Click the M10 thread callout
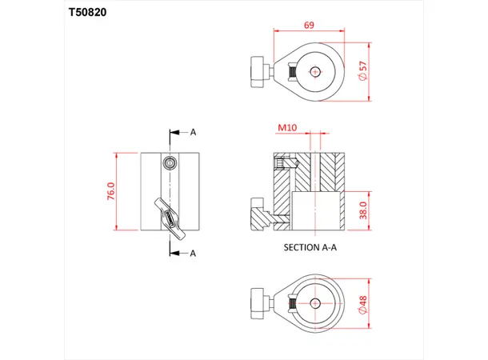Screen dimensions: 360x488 [x=287, y=128]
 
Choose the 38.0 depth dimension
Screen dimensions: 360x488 [x=364, y=211]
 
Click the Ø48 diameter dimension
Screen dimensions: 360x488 [x=365, y=304]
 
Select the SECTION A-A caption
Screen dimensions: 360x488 [x=311, y=247]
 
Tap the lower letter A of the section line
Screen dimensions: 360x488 [x=192, y=253]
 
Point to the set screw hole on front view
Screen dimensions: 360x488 [x=169, y=163]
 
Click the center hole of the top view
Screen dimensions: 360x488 [x=315, y=71]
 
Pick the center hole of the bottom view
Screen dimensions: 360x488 [x=315, y=303]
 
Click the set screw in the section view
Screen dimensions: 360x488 [x=281, y=164]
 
